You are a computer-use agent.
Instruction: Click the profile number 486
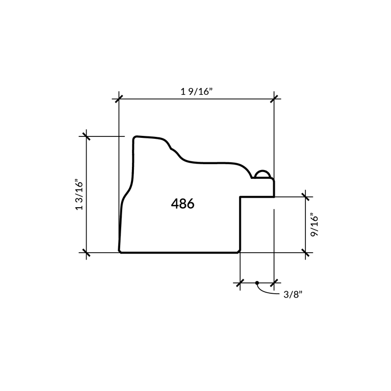tap(182, 204)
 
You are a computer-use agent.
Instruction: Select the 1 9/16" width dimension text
tap(196, 91)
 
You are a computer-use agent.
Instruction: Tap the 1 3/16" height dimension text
tap(79, 195)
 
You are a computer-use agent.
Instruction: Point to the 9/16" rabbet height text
tap(314, 225)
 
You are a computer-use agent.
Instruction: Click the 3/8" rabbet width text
tap(293, 295)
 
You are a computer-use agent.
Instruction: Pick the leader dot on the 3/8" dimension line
tap(257, 283)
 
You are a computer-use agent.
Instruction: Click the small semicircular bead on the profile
tap(262, 174)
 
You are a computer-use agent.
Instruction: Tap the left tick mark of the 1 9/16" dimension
tap(119, 99)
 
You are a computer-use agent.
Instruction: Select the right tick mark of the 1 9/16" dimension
tap(274, 99)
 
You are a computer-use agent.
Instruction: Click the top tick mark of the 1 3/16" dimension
tap(87, 136)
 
